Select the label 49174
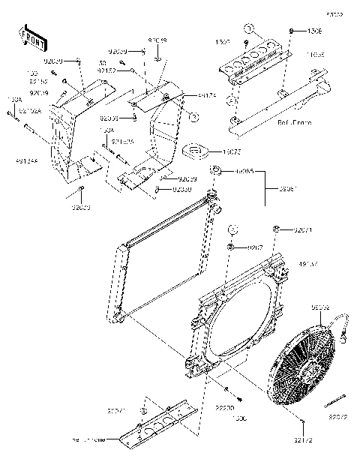187,95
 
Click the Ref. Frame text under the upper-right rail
274,121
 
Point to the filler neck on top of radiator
212,196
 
